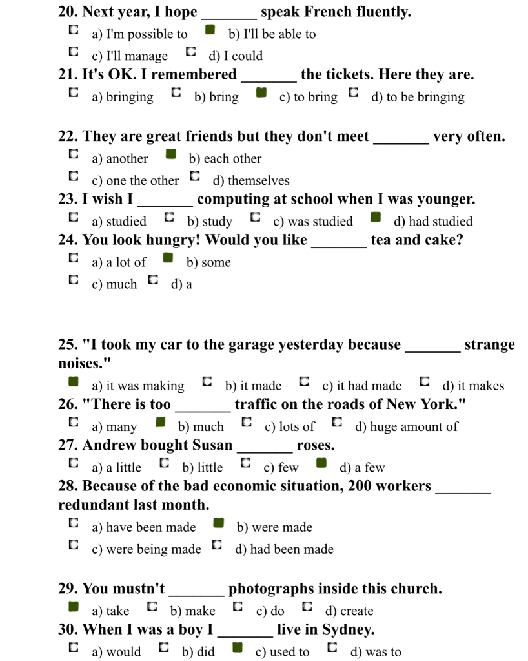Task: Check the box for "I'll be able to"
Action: pyautogui.click(x=210, y=30)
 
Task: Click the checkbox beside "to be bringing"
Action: pyautogui.click(x=353, y=92)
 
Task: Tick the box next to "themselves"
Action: pyautogui.click(x=195, y=176)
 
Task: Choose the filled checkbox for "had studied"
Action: pyautogui.click(x=376, y=216)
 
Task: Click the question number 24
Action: pyautogui.click(x=67, y=240)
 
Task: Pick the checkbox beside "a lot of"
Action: pyautogui.click(x=74, y=258)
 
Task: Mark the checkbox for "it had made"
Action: pyautogui.click(x=304, y=381)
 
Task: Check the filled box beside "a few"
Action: pyautogui.click(x=321, y=463)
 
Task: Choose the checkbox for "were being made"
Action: pyautogui.click(x=74, y=545)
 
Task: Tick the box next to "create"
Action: pyautogui.click(x=307, y=606)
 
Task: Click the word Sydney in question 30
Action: pyautogui.click(x=347, y=629)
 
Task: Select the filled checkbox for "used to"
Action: pyautogui.click(x=238, y=647)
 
